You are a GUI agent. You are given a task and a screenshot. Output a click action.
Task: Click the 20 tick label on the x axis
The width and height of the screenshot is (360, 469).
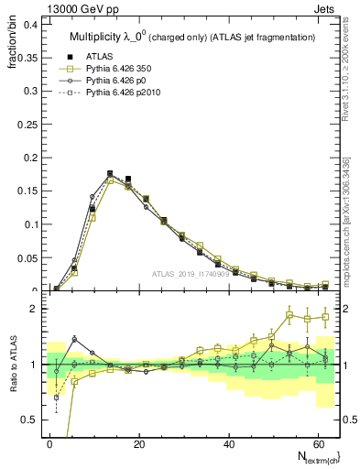[x=139, y=442]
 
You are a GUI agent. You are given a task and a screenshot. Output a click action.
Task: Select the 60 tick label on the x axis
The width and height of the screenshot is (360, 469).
[x=317, y=442]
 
